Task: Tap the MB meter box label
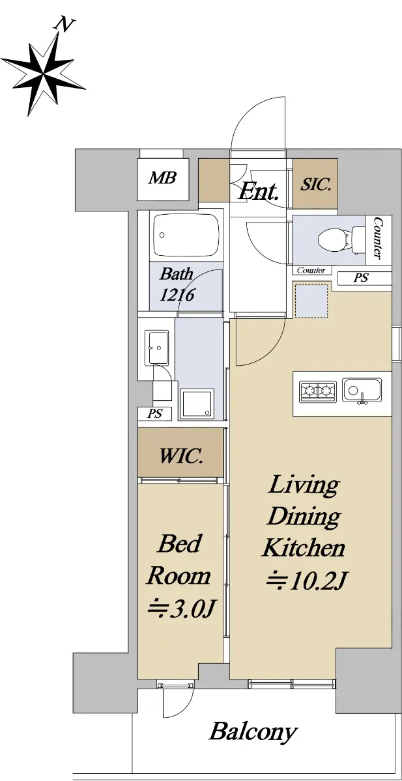coord(162,178)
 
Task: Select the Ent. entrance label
coord(258,191)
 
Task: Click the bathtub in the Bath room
coord(186,236)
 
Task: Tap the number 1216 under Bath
coord(177,295)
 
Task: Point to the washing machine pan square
coord(197,404)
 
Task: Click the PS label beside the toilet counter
coord(361,278)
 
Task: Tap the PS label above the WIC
coord(154,413)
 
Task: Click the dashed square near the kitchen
coord(311,301)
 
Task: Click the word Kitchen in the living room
coord(304,548)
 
